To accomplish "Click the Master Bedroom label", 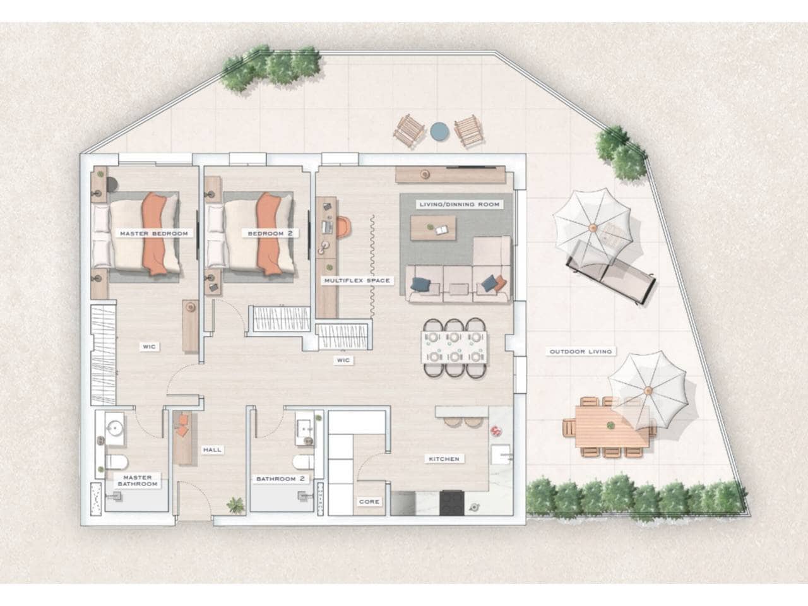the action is click(154, 234).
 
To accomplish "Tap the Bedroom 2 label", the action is click(270, 234).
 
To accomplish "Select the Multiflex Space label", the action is click(357, 280).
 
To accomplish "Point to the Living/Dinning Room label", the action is click(460, 204).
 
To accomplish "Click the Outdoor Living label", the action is click(581, 352).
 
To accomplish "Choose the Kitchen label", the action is click(444, 459).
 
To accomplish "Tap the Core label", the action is click(369, 501).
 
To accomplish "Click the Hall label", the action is click(212, 449).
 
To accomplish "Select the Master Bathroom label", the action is click(138, 480).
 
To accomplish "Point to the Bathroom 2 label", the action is click(280, 478).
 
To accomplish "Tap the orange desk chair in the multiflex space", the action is click(343, 227).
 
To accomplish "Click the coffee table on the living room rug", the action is click(433, 228).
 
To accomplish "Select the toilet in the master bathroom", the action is click(117, 462).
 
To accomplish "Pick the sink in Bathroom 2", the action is click(304, 428).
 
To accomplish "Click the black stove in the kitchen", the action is click(452, 502).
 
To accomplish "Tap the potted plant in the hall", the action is click(235, 505).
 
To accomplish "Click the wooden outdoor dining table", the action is click(611, 427).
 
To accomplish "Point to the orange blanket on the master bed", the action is click(155, 234).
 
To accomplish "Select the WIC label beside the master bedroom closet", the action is click(149, 346).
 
